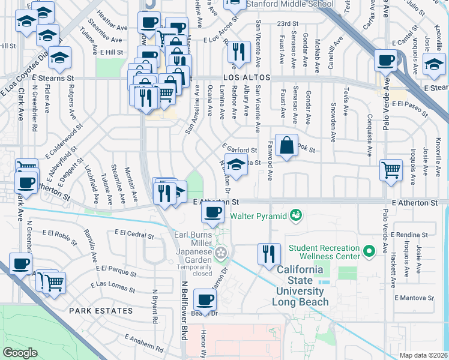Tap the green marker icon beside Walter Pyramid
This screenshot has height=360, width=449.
pos(295,214)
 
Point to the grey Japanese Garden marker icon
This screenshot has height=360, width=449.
pos(222,253)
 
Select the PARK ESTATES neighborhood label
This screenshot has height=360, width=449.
pos(101,311)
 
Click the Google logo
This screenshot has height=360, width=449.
pos(20,353)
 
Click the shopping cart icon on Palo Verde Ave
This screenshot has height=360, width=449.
pos(391,170)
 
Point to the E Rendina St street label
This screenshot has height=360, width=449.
pos(407,235)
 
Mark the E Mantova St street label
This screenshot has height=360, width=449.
pos(414,298)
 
